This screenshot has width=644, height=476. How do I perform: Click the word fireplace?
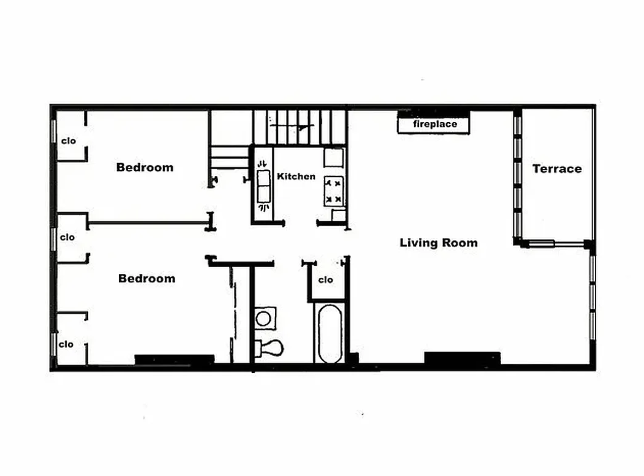435,124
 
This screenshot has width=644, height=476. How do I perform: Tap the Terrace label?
557,169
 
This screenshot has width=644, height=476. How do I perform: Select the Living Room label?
438,243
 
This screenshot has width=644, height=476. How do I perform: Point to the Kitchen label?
296,176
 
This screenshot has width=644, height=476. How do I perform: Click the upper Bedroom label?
145,167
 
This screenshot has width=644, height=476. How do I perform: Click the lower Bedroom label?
147,279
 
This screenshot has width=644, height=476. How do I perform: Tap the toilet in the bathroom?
269,348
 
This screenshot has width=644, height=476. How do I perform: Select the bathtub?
330,333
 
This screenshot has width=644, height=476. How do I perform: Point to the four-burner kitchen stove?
334,191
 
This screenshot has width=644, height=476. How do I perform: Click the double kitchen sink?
263,186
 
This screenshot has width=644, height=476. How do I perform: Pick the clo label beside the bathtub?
326,280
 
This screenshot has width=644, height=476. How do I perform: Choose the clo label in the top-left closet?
69,141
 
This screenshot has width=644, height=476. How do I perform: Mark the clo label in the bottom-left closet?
66,344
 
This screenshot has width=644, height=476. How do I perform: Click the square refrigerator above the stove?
334,158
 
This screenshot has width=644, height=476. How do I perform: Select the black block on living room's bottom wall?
462,358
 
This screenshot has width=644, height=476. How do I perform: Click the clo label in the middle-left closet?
67,237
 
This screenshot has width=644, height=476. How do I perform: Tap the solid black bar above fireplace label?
433,114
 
